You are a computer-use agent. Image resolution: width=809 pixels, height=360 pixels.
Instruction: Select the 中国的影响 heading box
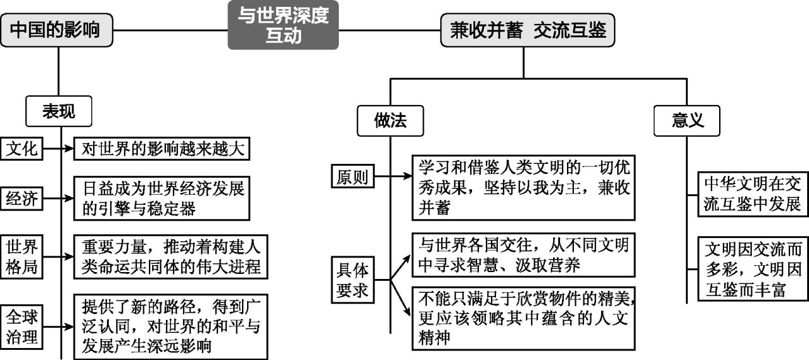[x=58, y=30]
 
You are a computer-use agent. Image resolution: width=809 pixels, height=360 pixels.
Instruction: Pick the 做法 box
[x=390, y=121]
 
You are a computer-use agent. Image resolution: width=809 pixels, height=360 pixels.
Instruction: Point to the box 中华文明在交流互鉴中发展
[x=752, y=193]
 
